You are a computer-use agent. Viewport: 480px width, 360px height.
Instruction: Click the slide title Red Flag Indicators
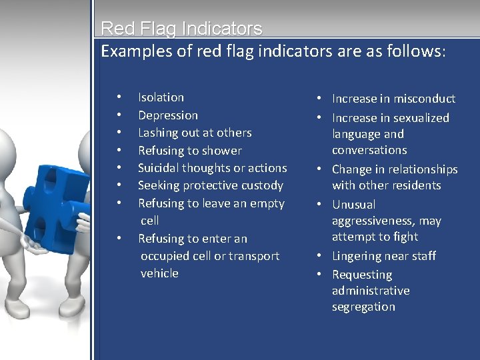pos(181,29)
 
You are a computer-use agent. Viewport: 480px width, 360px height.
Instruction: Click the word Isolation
pos(161,97)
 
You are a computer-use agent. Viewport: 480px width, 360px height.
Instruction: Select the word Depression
pos(168,115)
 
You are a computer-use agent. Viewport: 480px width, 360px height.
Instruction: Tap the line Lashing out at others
pos(195,133)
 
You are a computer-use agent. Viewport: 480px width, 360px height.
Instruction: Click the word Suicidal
pos(160,168)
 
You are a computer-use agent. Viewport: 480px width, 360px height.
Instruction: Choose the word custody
pos(262,185)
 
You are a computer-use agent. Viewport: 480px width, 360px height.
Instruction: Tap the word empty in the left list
pos(265,203)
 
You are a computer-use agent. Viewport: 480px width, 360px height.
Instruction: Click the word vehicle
pos(159,273)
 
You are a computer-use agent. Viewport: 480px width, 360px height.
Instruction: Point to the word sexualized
pos(418,118)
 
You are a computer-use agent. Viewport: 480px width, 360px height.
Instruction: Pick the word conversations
pos(369,150)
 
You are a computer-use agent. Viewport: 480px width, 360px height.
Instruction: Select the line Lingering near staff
pos(384,256)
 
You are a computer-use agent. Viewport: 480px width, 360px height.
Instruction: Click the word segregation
pos(363,307)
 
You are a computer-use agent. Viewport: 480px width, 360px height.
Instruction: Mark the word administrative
pos(371,291)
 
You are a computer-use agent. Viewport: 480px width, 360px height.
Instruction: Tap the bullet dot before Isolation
pos(118,97)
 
